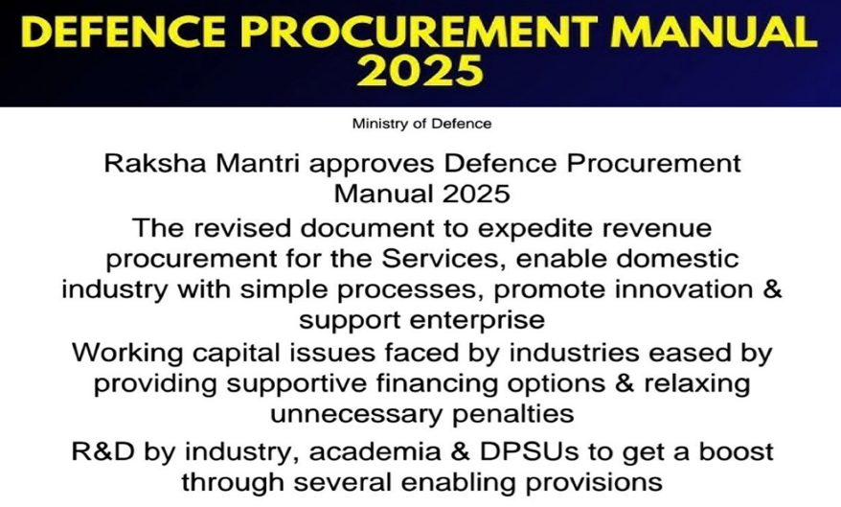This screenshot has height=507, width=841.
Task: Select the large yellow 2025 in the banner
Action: point(420,70)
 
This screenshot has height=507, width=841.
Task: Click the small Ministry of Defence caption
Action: point(421,124)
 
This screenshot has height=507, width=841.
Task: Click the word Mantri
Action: point(259,163)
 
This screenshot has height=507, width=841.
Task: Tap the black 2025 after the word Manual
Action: point(476,194)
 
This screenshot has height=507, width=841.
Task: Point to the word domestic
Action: point(677,259)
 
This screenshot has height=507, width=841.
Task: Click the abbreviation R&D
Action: point(103,451)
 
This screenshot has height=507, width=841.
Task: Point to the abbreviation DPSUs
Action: point(529,451)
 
